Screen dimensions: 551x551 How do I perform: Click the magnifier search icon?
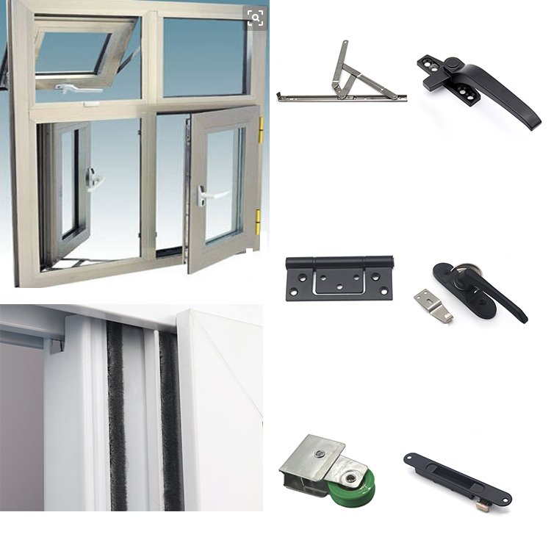(x=256, y=18)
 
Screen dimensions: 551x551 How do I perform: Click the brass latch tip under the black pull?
(x=486, y=505)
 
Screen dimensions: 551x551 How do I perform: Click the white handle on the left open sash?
(x=94, y=179)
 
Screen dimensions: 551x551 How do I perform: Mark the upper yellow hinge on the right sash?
(x=261, y=130)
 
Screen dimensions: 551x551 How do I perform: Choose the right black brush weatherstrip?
(x=170, y=419)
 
